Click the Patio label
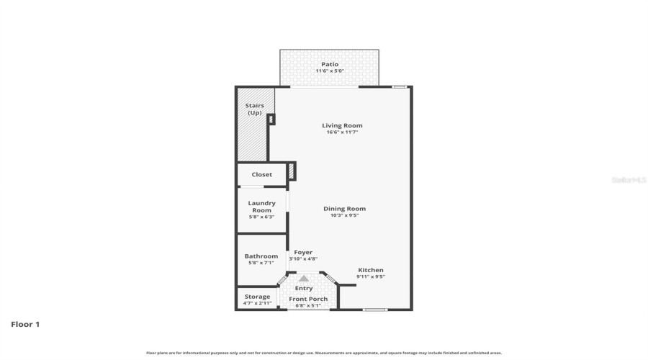330,64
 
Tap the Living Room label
342,125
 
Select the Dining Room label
344,209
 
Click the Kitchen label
371,270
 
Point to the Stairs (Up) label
255,109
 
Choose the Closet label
261,174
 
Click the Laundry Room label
261,207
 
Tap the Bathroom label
261,256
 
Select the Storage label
257,297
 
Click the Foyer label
303,253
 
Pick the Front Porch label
308,299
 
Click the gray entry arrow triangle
304,278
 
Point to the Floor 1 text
25,324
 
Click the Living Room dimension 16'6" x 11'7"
342,132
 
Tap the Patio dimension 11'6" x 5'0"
330,71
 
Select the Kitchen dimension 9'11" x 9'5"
371,276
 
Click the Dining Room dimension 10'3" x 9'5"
344,215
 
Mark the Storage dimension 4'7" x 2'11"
257,303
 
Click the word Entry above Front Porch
304,288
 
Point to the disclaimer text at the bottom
324,353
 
